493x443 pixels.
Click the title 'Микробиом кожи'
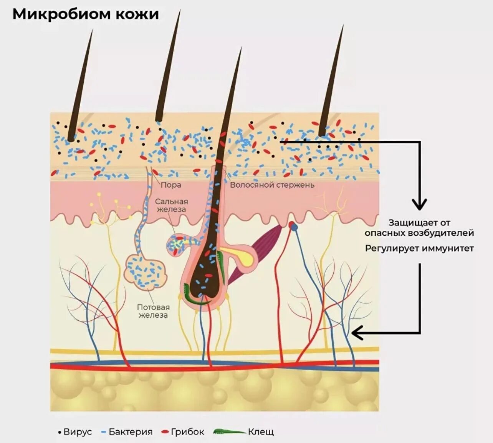tap(86, 14)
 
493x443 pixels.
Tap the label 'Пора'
tap(170, 185)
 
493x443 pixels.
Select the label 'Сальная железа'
tap(171, 205)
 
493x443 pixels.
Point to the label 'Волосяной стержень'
tap(272, 185)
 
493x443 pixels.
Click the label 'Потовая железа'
tap(153, 311)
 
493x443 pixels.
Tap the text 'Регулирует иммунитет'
tap(419, 248)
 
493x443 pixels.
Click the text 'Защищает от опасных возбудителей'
tap(419, 228)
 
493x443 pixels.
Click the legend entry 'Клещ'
tap(261, 432)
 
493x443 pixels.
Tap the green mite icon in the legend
tap(229, 432)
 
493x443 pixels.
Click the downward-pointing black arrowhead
tap(419, 204)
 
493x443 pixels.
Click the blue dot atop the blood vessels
tap(294, 227)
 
